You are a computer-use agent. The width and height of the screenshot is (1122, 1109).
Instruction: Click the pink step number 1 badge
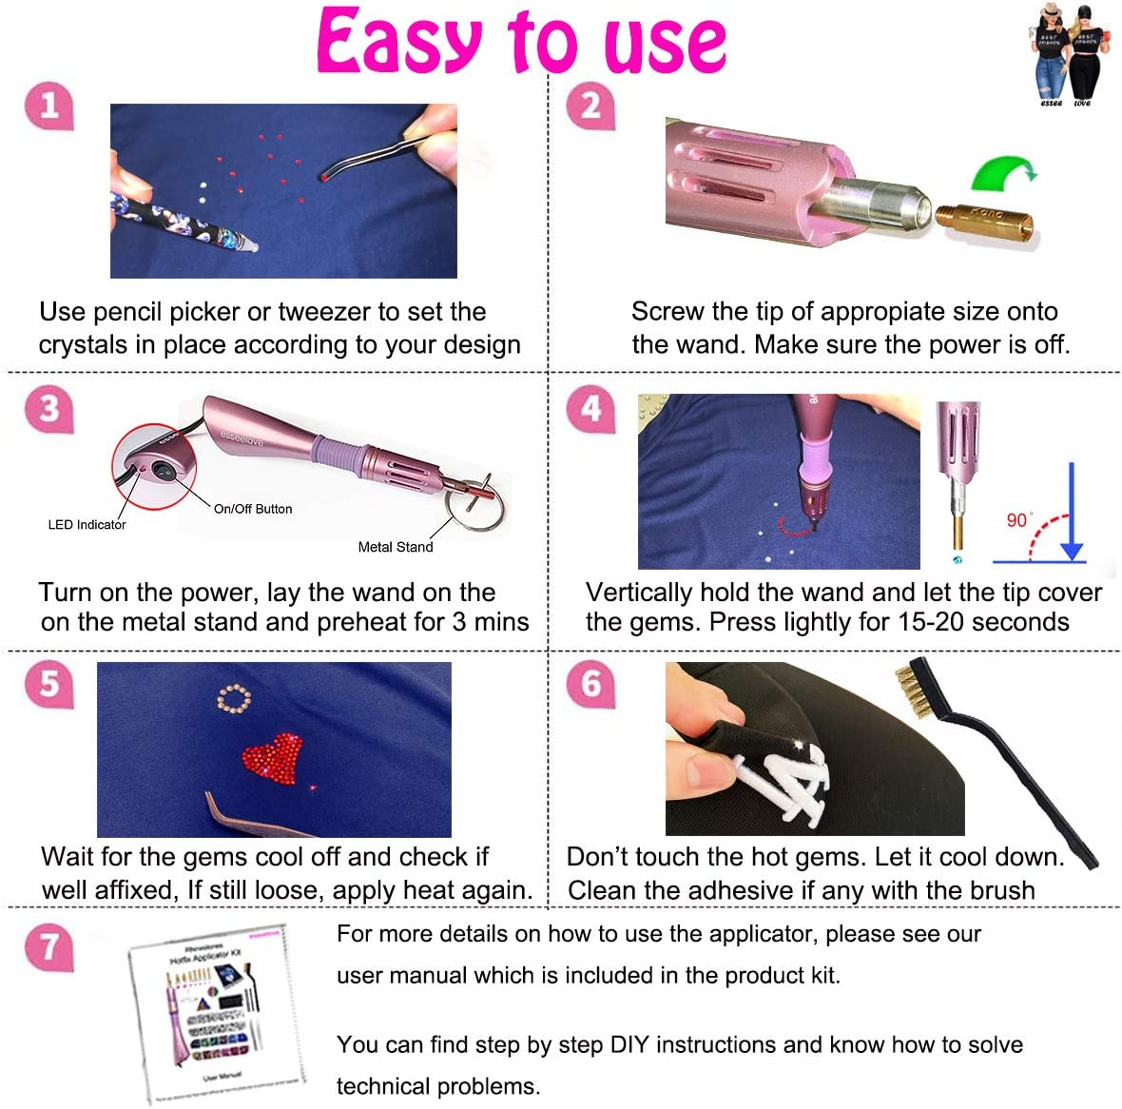[48, 106]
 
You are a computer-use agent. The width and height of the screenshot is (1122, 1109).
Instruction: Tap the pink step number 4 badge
[590, 410]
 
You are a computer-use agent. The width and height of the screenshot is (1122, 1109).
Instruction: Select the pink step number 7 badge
[48, 947]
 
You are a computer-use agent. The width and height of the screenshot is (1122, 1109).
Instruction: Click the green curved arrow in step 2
[1002, 176]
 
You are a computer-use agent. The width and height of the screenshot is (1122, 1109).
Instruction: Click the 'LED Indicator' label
[87, 525]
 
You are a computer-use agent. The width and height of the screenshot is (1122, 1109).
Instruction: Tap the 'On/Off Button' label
[253, 509]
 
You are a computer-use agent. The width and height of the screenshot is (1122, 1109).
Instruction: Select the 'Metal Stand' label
[395, 547]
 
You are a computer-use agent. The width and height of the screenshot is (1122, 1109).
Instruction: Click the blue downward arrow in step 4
[1072, 514]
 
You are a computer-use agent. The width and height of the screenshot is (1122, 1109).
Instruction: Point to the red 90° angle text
[1017, 519]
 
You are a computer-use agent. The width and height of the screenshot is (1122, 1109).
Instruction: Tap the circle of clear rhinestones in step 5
[234, 701]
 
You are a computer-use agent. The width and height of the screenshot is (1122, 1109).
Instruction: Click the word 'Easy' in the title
[399, 43]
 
